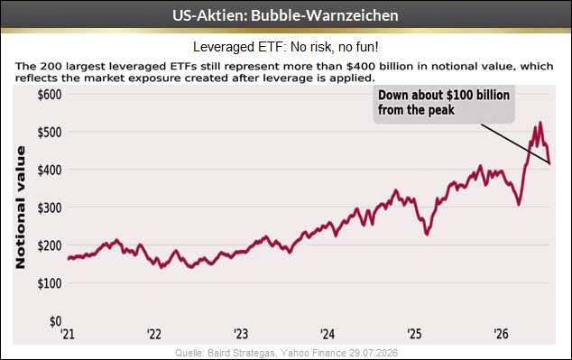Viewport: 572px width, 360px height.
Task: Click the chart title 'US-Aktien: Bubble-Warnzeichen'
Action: [x=285, y=15]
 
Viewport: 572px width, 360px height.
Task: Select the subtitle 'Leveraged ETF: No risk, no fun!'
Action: [x=286, y=47]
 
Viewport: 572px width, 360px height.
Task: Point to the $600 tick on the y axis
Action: [x=50, y=95]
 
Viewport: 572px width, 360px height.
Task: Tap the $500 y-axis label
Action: [x=50, y=132]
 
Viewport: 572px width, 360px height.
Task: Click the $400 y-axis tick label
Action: [x=50, y=170]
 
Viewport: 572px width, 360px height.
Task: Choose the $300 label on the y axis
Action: [x=50, y=208]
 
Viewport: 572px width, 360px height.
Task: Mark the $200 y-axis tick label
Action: [x=50, y=245]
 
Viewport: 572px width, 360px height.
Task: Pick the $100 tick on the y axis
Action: [x=50, y=283]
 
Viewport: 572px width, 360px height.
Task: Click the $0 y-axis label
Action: [x=55, y=321]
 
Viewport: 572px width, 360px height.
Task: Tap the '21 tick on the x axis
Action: [x=68, y=334]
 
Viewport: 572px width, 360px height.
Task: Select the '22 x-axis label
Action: [x=154, y=334]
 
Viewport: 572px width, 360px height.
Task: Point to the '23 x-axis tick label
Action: [x=241, y=334]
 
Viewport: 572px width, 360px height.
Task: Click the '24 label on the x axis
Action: [x=328, y=334]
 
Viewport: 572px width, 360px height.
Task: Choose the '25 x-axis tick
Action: [x=414, y=334]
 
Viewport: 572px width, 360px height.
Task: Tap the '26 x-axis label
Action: [x=501, y=334]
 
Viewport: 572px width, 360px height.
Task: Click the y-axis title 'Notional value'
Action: [x=21, y=208]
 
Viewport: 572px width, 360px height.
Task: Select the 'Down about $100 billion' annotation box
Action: [x=444, y=105]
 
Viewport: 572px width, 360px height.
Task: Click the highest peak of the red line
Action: [x=540, y=122]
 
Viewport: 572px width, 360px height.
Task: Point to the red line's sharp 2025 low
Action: [x=427, y=234]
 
